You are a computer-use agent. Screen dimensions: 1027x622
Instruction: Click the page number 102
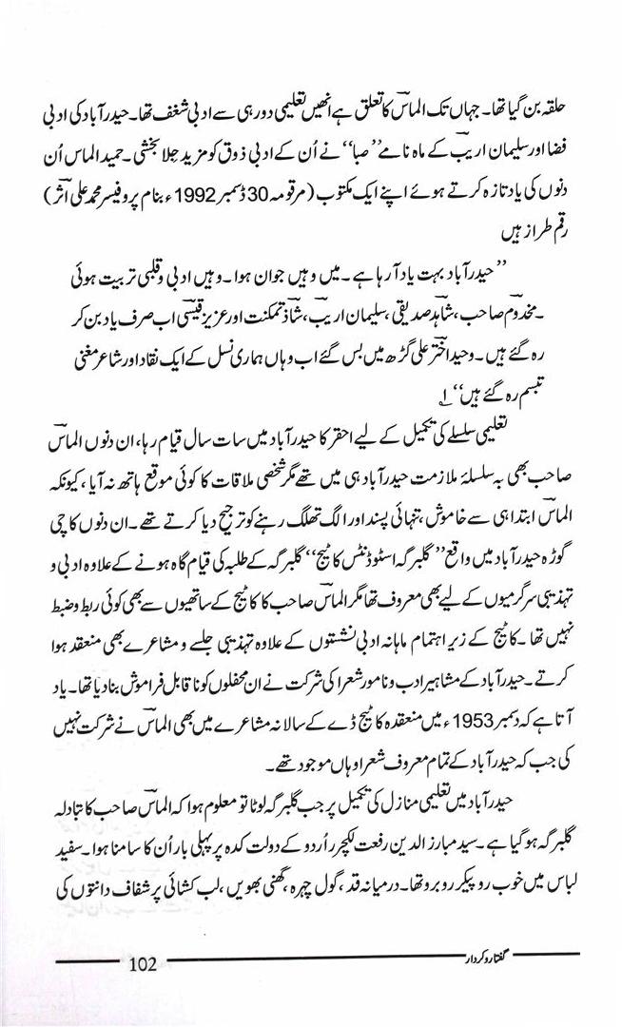click(139, 962)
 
